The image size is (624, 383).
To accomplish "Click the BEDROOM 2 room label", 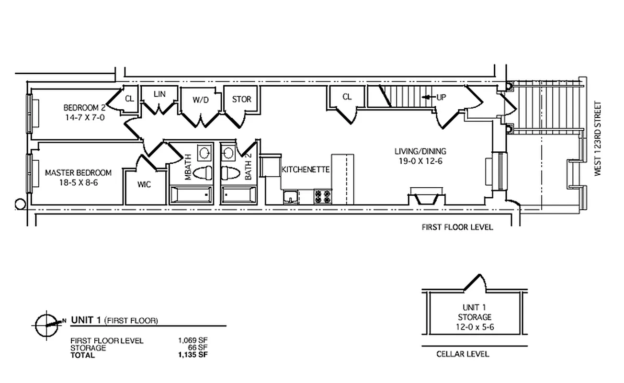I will coord(84,107).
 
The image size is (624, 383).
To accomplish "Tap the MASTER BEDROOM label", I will coord(78,173).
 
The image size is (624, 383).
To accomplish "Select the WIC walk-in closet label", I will coord(144,184).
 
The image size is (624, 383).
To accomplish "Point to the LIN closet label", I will coord(159,94).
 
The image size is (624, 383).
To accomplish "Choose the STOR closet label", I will coord(241,100).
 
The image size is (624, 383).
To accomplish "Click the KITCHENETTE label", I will coord(306,169).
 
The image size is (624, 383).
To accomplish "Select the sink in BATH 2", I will coord(229,153).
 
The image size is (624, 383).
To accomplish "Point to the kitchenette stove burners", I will coord(322,195).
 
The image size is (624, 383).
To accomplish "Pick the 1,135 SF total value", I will coord(193,355).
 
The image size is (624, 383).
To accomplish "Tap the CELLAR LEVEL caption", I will coord(463,354).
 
